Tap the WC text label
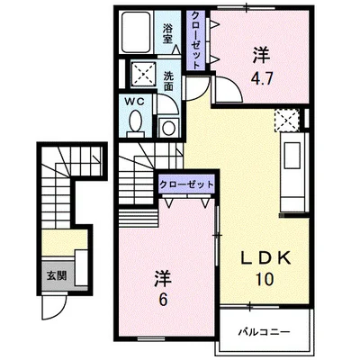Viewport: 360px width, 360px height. tap(132, 102)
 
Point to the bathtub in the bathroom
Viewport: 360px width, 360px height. tap(138, 37)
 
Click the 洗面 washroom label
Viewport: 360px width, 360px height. tap(169, 80)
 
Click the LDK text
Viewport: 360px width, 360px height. tap(265, 257)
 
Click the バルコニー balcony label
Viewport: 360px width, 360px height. tap(264, 332)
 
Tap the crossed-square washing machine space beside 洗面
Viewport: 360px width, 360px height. tap(143, 74)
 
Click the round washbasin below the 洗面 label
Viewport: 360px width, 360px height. tap(166, 127)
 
